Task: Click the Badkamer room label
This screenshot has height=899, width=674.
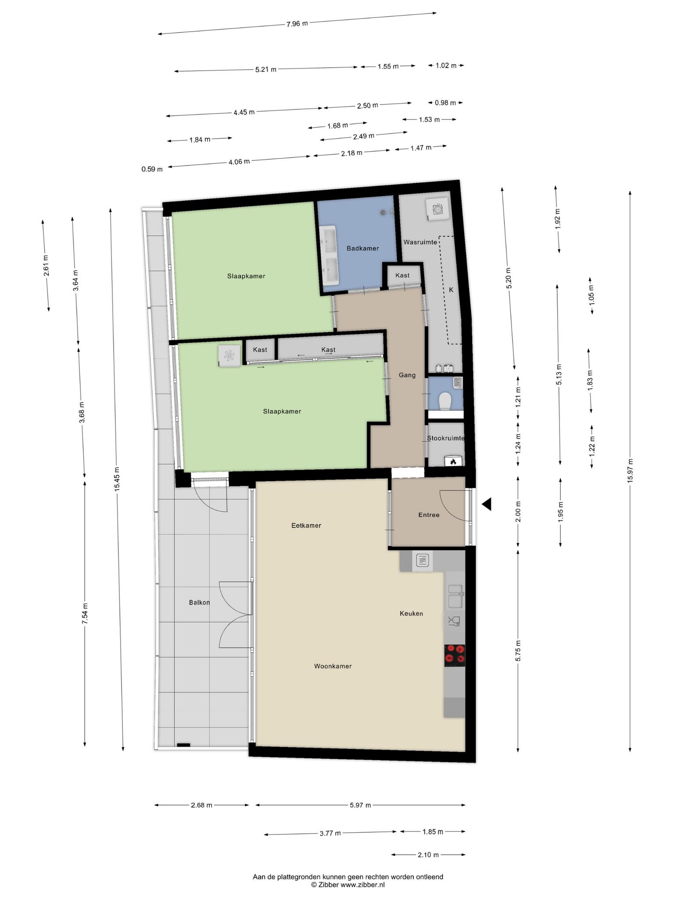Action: [362, 248]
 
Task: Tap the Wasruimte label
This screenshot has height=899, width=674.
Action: [420, 242]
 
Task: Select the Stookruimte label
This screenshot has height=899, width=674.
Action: [445, 438]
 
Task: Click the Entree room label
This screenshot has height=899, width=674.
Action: [429, 515]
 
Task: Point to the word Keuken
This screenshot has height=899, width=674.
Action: [411, 614]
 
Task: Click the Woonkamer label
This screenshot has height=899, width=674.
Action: [333, 666]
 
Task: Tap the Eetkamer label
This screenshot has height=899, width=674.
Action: [306, 525]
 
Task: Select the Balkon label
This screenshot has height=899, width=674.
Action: [199, 603]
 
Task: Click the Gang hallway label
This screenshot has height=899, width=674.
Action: [407, 375]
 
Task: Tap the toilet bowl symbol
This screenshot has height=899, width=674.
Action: [445, 400]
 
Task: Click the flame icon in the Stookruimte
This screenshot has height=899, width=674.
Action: [453, 461]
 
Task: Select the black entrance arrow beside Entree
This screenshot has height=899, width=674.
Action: [486, 504]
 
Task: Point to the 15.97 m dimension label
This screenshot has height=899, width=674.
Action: [630, 471]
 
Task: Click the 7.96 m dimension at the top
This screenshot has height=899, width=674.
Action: [297, 24]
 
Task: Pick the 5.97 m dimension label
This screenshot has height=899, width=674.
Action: [360, 805]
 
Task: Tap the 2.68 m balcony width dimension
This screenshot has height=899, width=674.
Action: [201, 805]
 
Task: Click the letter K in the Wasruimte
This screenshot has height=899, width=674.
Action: [451, 290]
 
